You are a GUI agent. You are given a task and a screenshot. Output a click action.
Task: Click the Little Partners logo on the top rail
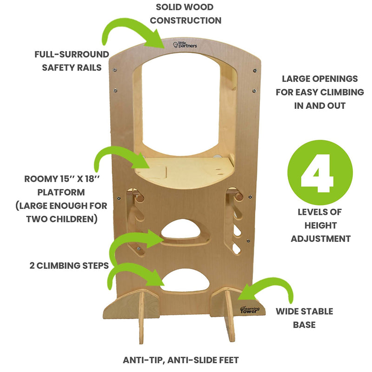pyautogui.click(x=186, y=45)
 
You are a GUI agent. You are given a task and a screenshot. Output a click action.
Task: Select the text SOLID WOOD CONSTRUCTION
pyautogui.click(x=186, y=14)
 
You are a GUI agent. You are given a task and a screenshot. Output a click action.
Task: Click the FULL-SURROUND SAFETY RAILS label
pyautogui.click(x=72, y=61)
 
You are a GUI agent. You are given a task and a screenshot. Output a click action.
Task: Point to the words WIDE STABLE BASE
pyautogui.click(x=304, y=318)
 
